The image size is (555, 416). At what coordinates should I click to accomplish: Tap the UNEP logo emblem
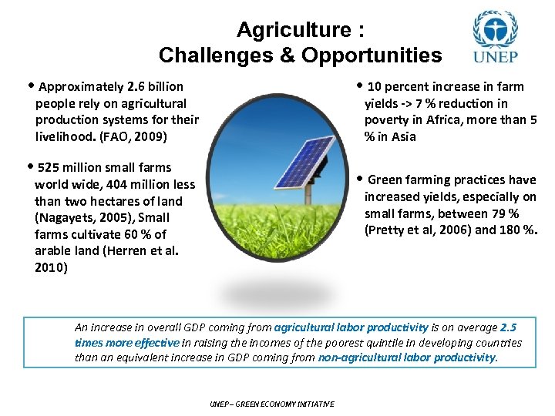tap(495, 31)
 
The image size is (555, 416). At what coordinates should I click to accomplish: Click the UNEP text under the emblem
tap(495, 57)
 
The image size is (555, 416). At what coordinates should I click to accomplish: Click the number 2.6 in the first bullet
tap(127, 86)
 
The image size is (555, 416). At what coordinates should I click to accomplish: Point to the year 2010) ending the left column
tap(51, 268)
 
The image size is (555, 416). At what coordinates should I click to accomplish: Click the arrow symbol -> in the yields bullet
tap(405, 103)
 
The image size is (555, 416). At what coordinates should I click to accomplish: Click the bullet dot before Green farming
tap(357, 179)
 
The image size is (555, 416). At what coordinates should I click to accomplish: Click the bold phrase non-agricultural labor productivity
tap(407, 357)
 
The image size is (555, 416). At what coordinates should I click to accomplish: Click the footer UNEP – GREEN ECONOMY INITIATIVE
tap(272, 404)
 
